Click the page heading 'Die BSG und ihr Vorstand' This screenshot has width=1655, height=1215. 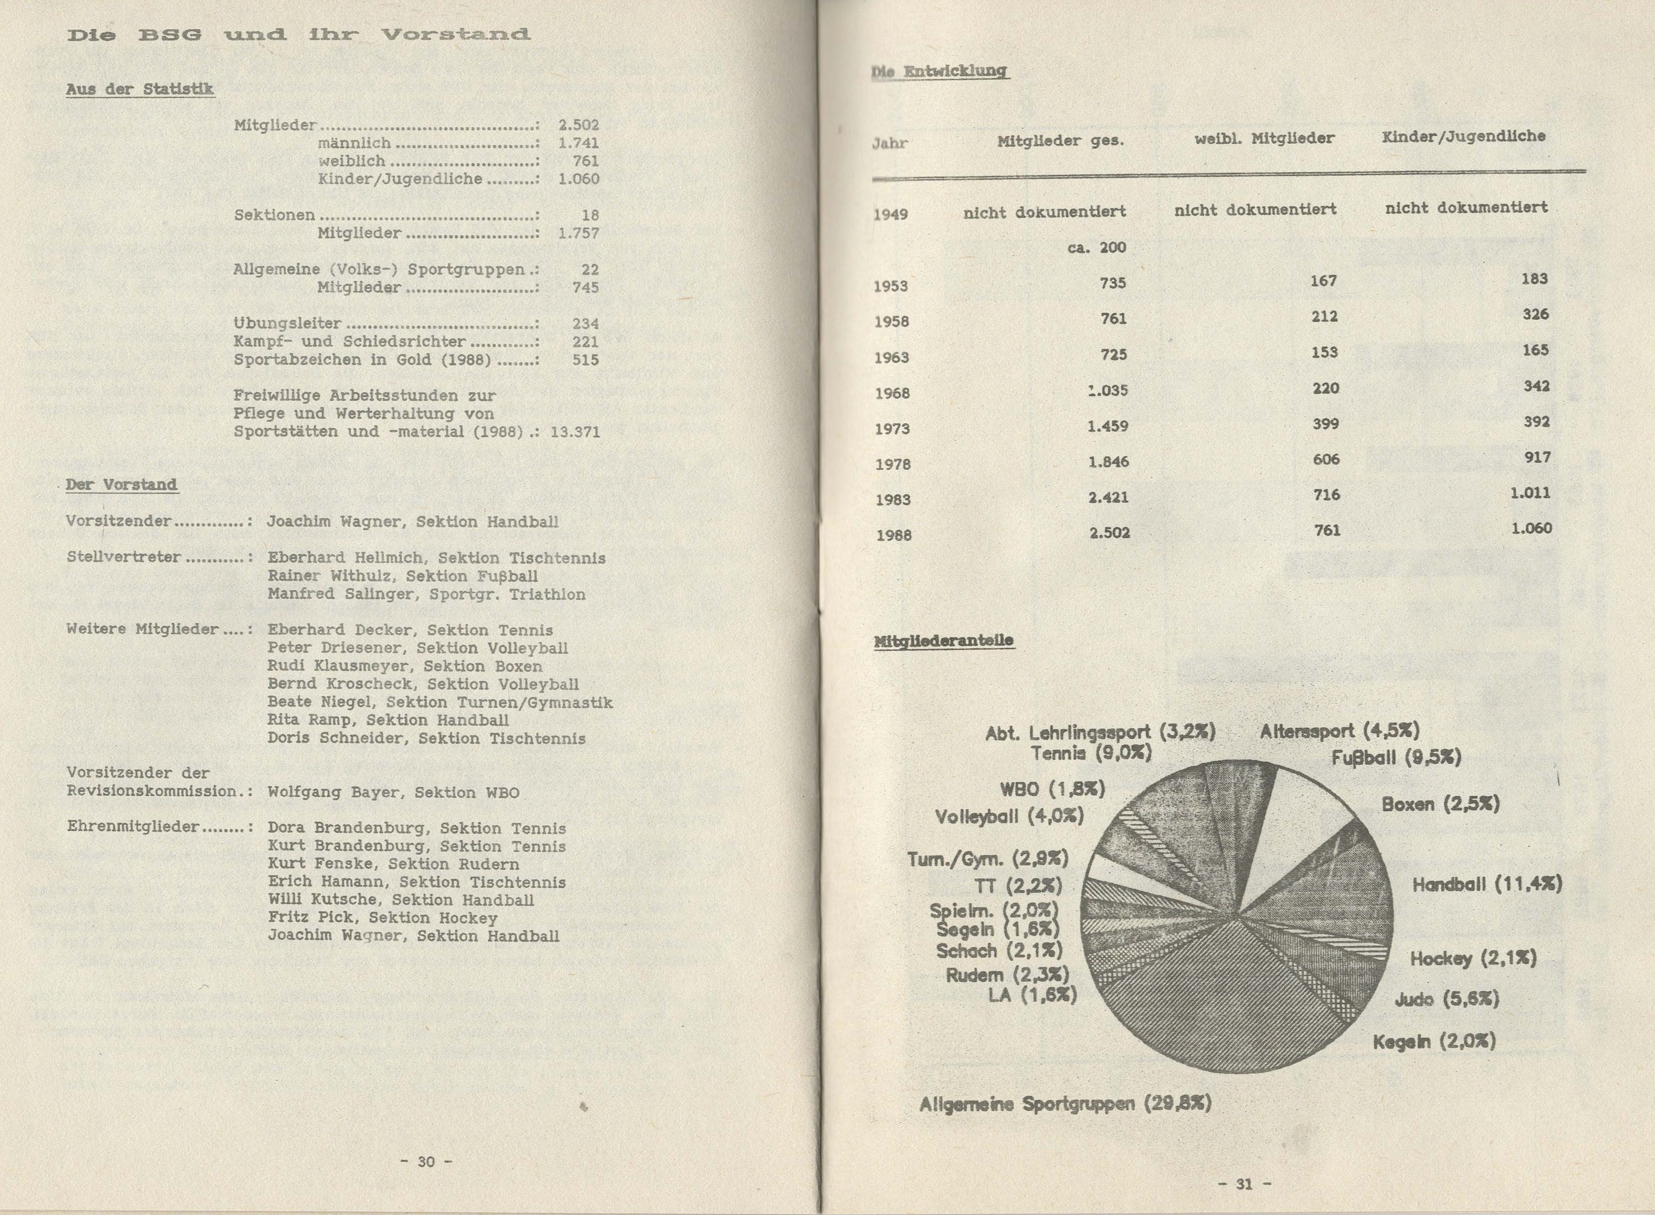[x=298, y=34]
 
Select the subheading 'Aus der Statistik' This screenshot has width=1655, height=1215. [x=140, y=89]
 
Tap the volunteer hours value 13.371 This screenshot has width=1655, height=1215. [x=575, y=432]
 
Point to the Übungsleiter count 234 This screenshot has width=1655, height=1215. [x=586, y=324]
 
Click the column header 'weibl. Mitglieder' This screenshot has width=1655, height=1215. [x=1264, y=137]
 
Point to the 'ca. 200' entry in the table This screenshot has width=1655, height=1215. [x=1097, y=247]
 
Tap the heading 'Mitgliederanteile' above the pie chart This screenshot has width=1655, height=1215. [x=944, y=641]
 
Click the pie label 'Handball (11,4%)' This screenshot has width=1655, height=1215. [x=1486, y=884]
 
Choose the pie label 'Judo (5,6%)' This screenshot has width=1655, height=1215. [x=1446, y=999]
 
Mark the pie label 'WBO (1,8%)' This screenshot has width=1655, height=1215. [x=1052, y=789]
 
